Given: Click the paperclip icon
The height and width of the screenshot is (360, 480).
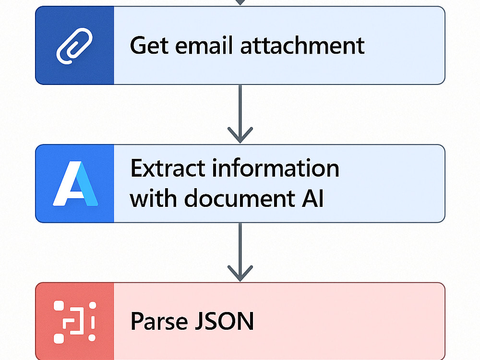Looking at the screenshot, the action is tap(74, 46).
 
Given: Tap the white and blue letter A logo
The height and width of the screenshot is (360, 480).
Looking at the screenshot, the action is tap(75, 183).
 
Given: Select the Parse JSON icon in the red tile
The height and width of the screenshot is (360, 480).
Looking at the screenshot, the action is tap(75, 322).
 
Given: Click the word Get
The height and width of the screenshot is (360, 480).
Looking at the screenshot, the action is tap(149, 46).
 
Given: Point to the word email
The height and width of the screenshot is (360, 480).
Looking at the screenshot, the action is tap(204, 46).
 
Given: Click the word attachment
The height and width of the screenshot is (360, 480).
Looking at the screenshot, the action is tap(302, 46).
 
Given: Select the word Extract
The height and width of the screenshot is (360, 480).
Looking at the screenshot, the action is tap(168, 168).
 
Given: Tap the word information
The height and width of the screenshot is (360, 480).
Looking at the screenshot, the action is tap(276, 168).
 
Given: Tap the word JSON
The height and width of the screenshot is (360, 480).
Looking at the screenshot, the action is tap(224, 321).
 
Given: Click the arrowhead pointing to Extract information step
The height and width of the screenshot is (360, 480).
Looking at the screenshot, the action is tap(240, 135).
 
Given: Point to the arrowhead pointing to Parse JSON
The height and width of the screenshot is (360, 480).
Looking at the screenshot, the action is tap(240, 274).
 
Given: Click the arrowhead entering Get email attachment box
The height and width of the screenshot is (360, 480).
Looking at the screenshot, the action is tap(240, 2).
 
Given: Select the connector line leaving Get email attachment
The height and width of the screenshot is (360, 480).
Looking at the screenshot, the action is tap(240, 114).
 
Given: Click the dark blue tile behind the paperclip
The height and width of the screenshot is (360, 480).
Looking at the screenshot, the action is tap(74, 45).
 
